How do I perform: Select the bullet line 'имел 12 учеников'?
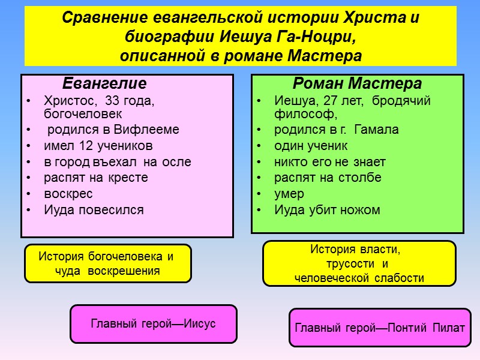[98, 146]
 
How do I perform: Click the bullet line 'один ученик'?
[311, 146]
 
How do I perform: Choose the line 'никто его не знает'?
[330, 162]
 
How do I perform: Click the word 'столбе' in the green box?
[360, 178]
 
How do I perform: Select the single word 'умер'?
[289, 194]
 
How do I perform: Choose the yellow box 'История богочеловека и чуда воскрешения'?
[108, 263]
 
